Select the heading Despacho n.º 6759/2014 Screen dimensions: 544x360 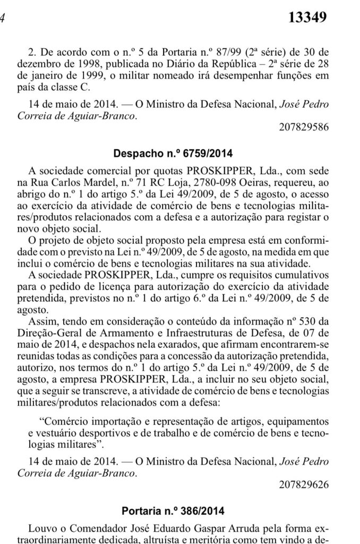pyautogui.click(x=173, y=154)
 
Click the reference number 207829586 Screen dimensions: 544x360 pyautogui.click(x=304, y=128)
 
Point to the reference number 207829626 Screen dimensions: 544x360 pyautogui.click(x=304, y=484)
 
